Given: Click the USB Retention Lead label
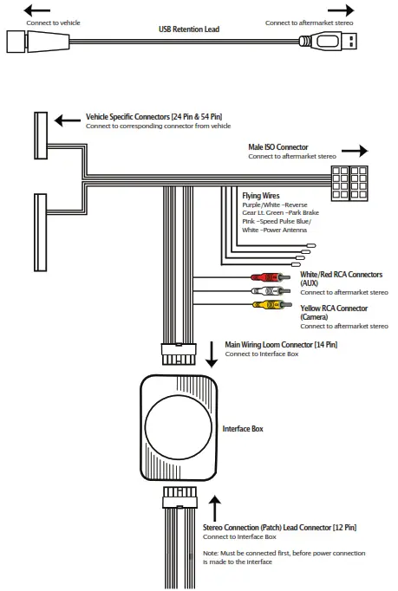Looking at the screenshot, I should point(189,29).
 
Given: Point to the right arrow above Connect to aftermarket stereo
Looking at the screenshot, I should point(341,10).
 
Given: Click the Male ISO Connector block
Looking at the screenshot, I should point(351,184).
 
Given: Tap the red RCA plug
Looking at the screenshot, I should point(262,278).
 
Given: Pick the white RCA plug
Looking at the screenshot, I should point(262,292).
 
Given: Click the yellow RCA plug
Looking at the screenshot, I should point(262,305).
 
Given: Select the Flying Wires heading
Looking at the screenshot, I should point(261,197).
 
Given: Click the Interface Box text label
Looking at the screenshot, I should point(243,429).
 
